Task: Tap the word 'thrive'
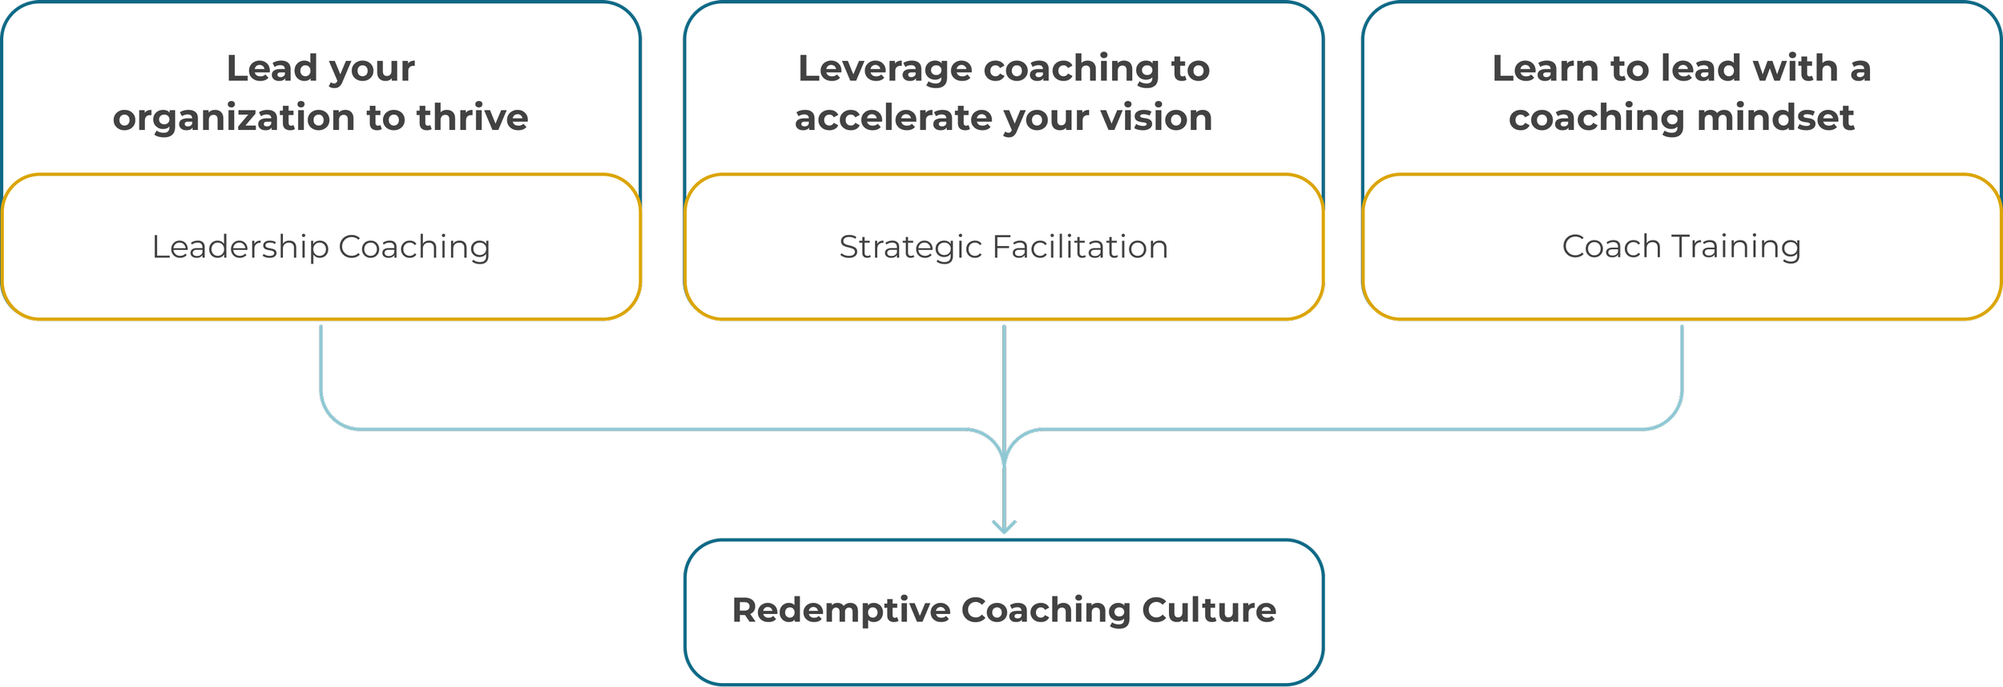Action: (x=472, y=117)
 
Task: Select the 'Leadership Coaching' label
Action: (x=320, y=247)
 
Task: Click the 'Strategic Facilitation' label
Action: (x=1003, y=247)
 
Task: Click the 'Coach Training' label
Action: (x=1681, y=246)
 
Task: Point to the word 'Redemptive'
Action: (x=840, y=610)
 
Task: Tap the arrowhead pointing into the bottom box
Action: (x=1004, y=527)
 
